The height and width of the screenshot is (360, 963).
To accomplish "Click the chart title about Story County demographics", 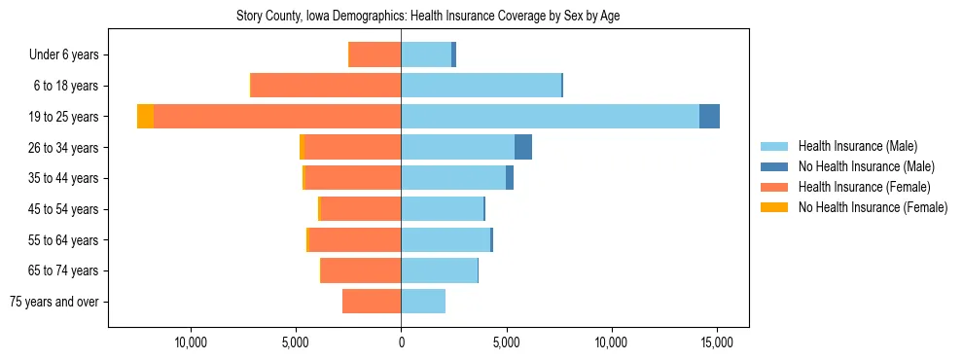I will coord(428,17).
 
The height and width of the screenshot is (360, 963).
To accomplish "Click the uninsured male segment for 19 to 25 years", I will coord(709,117).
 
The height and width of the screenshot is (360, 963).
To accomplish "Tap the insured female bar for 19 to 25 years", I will coord(277,117).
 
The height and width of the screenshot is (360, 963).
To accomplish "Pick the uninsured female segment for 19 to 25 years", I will coord(145,117).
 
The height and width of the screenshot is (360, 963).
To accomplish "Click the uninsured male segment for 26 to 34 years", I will coord(523,147).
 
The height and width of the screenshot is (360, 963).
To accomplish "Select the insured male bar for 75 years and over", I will coord(423,302).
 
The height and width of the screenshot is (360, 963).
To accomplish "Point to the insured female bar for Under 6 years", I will coord(374,55).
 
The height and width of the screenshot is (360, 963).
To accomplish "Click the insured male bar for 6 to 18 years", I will coord(481,86).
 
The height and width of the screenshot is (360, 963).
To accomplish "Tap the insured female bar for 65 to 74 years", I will coord(361,270).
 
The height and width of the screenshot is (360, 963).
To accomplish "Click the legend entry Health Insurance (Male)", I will coord(857,146).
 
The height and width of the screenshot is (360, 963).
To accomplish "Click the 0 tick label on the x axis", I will coord(401,342).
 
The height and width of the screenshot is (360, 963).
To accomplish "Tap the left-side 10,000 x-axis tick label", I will coord(190,342).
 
